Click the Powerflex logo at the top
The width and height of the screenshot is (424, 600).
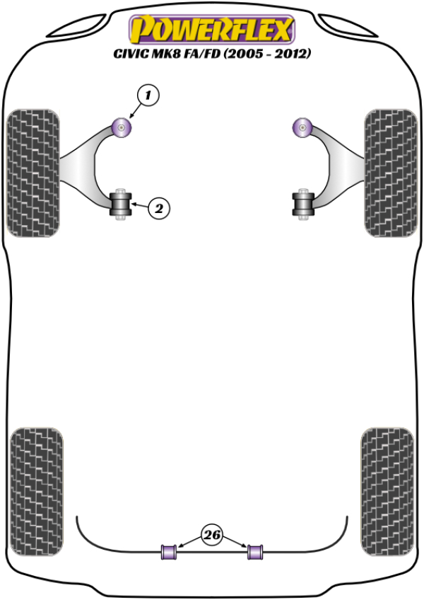point(212,29)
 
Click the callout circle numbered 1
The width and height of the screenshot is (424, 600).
point(148,95)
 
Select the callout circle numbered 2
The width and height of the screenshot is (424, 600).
point(158,209)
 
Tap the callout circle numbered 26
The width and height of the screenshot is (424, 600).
point(212,534)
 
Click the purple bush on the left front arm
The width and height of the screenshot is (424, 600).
point(122,128)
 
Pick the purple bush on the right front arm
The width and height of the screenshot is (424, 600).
point(302,128)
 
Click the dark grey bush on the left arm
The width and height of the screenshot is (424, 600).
point(121,204)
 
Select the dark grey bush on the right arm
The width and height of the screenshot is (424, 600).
point(303,204)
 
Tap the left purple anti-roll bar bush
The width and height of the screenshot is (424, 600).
point(169,552)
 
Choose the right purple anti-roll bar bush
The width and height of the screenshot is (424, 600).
point(255,552)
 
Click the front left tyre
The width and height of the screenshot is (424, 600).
point(34,173)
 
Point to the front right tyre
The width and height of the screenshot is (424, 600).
point(390,173)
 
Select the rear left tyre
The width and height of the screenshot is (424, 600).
point(36,491)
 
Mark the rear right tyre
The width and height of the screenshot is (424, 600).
point(387,491)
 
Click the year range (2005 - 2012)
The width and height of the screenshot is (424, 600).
point(267,54)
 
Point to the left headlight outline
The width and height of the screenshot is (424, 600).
point(78,26)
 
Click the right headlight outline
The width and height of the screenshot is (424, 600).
point(348,26)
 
